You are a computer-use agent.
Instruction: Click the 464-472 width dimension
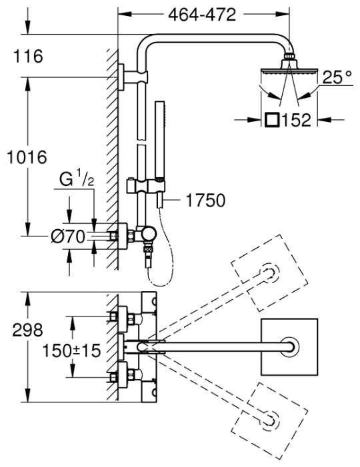pos(202,15)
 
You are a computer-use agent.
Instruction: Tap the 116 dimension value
pos(28,56)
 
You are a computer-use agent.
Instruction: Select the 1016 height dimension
pos(27,157)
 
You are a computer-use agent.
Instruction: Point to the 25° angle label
pos(337,77)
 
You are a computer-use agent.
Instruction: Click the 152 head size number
pos(296,120)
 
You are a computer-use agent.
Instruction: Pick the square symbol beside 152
pos(272,121)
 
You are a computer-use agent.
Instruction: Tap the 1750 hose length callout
pos(205,200)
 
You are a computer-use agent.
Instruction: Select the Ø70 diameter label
pos(68,237)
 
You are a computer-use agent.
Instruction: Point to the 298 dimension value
pos(28,330)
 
